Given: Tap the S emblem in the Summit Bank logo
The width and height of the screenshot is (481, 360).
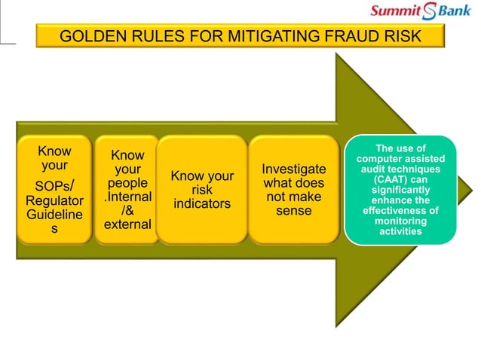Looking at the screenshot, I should pyautogui.click(x=430, y=11).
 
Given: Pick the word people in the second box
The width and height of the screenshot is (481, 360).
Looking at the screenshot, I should pyautogui.click(x=127, y=183).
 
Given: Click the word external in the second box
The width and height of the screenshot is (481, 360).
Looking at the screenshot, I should pyautogui.click(x=127, y=224).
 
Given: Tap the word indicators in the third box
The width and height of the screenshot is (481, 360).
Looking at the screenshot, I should pyautogui.click(x=202, y=204).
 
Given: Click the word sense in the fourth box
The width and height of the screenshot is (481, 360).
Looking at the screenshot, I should pyautogui.click(x=294, y=211).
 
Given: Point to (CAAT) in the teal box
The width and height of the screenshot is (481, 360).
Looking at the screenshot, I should pyautogui.click(x=400, y=180).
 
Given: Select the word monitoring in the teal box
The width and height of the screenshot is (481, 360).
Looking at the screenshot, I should pyautogui.click(x=400, y=221).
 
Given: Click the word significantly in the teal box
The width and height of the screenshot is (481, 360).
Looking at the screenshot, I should pyautogui.click(x=400, y=191).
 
